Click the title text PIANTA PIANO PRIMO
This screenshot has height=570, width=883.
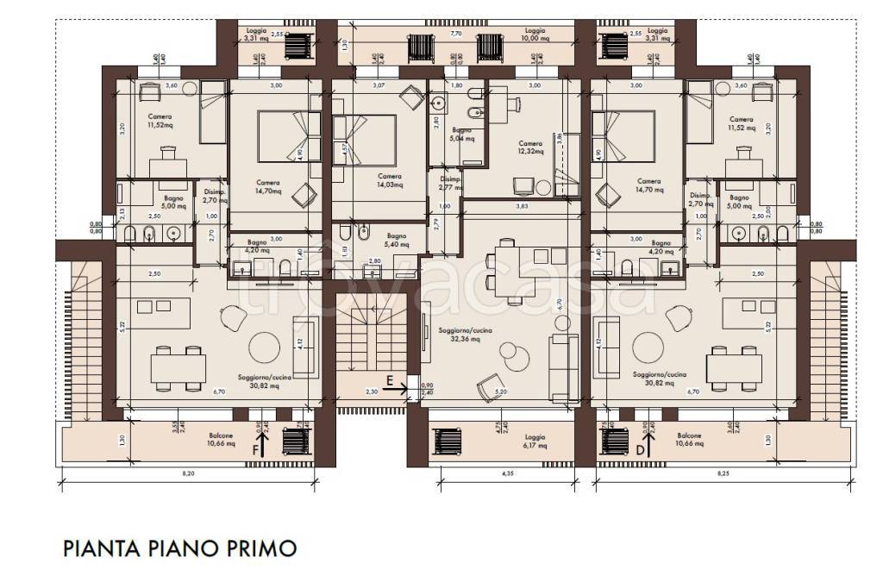[179, 548]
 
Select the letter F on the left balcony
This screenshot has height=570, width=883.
[255, 449]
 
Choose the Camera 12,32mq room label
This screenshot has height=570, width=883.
[529, 147]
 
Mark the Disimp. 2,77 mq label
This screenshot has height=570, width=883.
[451, 182]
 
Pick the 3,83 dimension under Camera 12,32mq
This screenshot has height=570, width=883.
[522, 206]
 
